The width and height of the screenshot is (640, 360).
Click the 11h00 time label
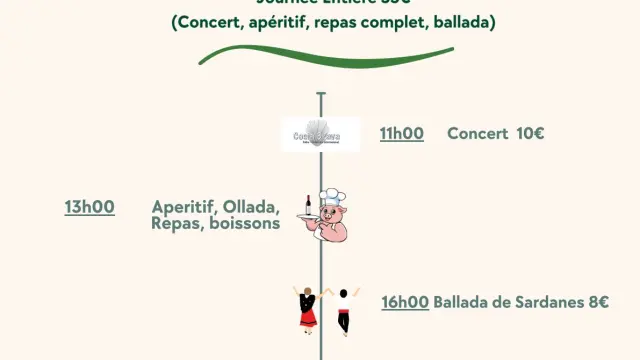tap(401, 134)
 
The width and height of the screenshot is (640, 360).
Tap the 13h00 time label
tap(90, 207)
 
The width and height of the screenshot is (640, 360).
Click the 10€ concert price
tap(530, 134)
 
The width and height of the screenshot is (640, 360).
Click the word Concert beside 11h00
tap(477, 134)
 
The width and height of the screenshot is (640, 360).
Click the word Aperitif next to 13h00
tap(185, 207)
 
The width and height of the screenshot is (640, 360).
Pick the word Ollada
tap(251, 207)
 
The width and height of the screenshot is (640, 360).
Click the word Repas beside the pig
tap(174, 224)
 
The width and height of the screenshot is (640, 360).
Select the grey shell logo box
tap(320, 134)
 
